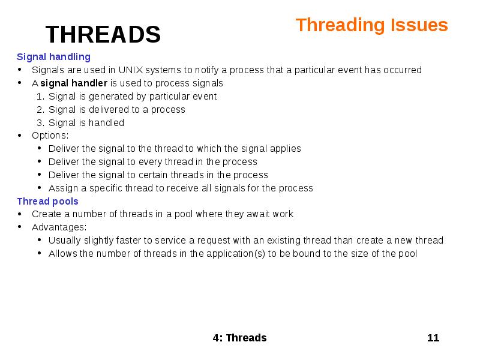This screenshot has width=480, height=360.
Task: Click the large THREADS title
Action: [103, 35]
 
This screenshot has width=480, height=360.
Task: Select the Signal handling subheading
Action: [53, 57]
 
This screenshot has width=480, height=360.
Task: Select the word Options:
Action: [50, 136]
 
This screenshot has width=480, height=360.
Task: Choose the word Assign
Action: [62, 188]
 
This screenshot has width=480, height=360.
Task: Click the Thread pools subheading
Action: [47, 202]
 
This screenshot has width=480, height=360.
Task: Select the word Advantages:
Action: [59, 227]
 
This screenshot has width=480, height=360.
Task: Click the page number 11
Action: [433, 338]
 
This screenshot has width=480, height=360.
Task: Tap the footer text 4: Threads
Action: [239, 338]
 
